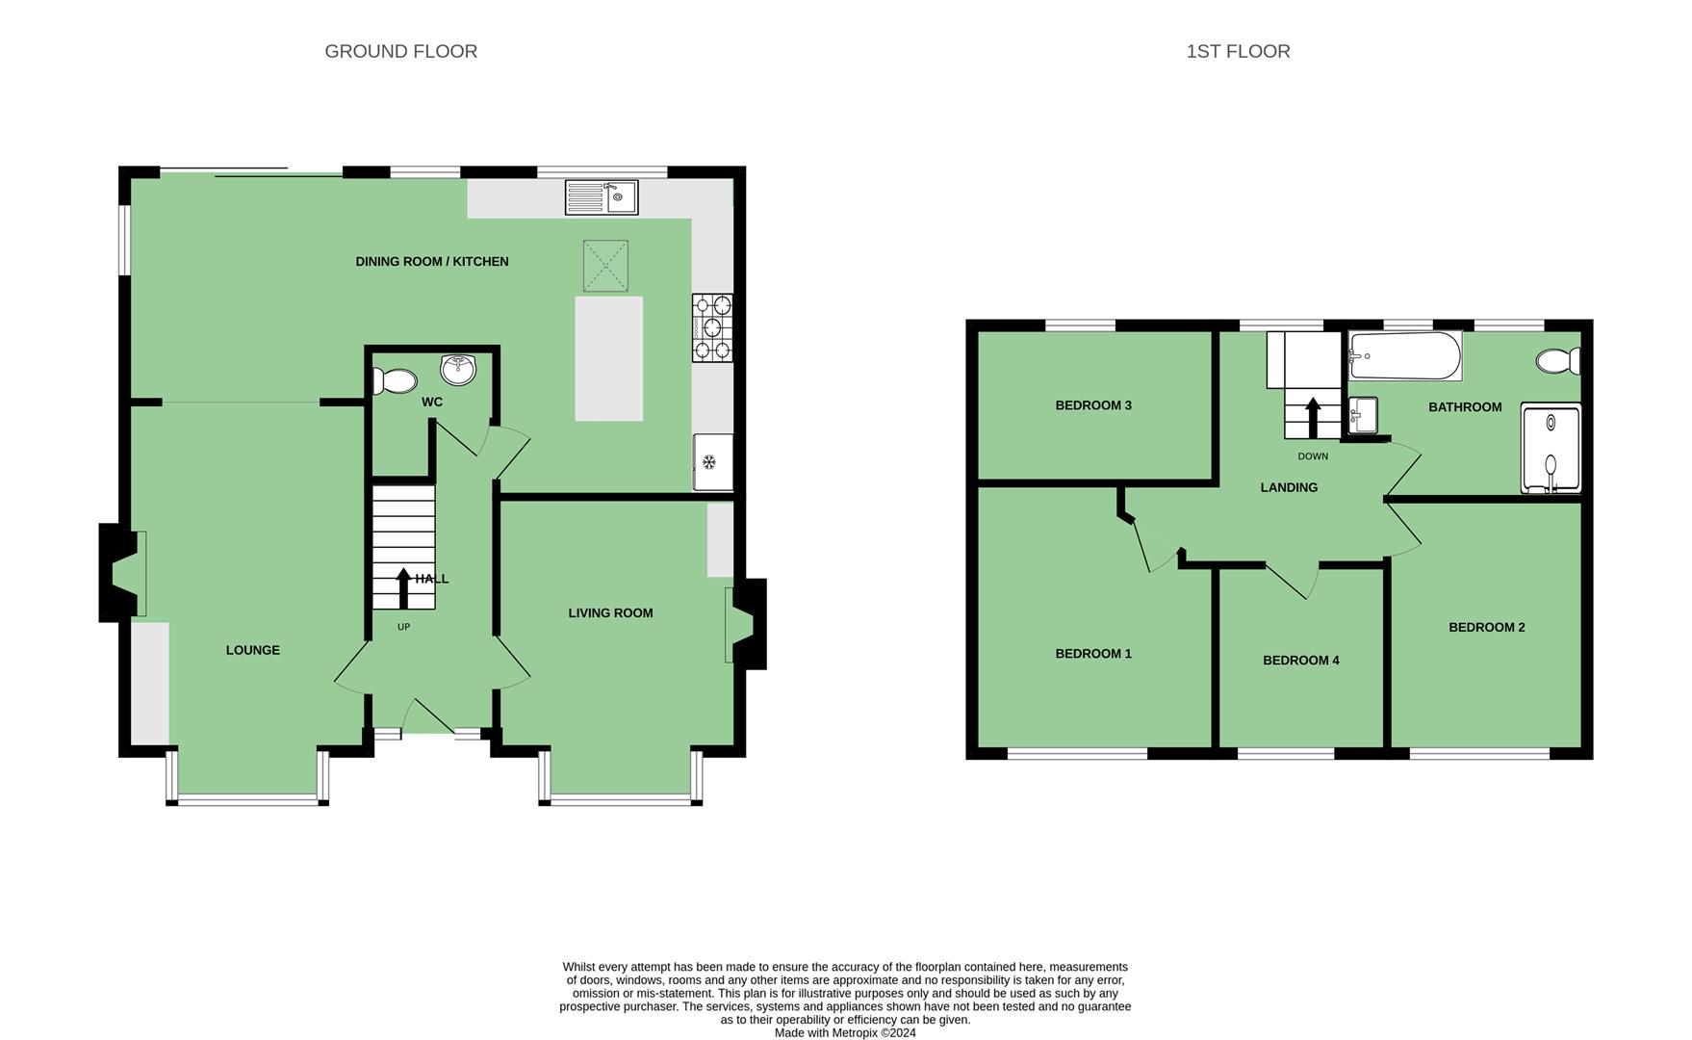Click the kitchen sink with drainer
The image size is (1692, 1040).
pos(602,197)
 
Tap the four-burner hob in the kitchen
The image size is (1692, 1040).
pos(712,327)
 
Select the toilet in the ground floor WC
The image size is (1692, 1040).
pos(394,381)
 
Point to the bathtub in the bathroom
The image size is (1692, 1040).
pos(1405,356)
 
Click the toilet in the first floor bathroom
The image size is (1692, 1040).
pos(1558,361)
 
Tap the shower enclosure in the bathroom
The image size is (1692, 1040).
pos(1551,449)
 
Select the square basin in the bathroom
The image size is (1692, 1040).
pos(1363,415)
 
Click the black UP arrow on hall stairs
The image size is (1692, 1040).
pos(403,588)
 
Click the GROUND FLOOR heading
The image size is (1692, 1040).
pos(401,51)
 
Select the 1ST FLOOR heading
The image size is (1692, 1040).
pos(1238,51)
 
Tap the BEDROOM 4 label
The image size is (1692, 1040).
pos(1301,661)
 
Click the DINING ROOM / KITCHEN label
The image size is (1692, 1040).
pos(432,262)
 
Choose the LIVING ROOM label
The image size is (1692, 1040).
pos(610,613)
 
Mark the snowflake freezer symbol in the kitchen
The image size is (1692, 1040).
pos(708,462)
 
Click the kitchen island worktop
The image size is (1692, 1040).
pos(609,358)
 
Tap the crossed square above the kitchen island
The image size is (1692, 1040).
pos(605,266)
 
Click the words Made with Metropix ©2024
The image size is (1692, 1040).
pos(845,1033)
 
